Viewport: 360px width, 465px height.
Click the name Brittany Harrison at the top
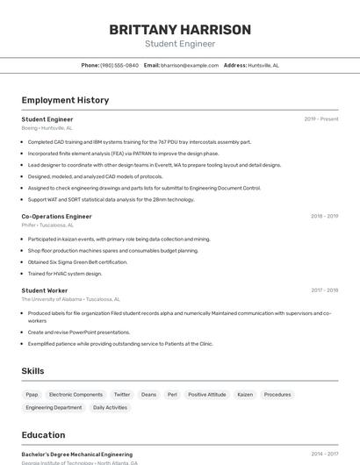(x=180, y=30)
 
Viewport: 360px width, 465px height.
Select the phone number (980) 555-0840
(x=119, y=65)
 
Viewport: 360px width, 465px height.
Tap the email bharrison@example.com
(x=190, y=65)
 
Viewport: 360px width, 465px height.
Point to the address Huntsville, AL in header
(x=263, y=65)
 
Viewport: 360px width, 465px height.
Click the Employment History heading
(x=65, y=100)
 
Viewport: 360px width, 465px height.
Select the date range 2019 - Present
(x=321, y=119)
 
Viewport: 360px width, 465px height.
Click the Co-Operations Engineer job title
(x=56, y=216)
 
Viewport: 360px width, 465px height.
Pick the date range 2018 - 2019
(x=324, y=216)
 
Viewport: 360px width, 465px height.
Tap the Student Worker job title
(x=45, y=290)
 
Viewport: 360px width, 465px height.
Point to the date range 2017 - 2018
(x=324, y=290)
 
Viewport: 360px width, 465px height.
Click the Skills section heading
(x=33, y=371)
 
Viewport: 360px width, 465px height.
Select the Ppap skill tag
(x=32, y=395)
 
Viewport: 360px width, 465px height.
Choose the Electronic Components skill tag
(x=76, y=395)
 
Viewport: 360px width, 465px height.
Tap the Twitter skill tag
(x=122, y=395)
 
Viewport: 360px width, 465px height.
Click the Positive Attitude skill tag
(x=207, y=395)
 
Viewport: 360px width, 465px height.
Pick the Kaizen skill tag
(x=245, y=395)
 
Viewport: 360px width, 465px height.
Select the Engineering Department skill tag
(x=54, y=408)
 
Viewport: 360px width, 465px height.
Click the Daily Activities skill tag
(x=110, y=408)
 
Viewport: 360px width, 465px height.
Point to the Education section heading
(x=43, y=435)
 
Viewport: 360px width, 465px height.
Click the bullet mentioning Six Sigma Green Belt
(x=77, y=261)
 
